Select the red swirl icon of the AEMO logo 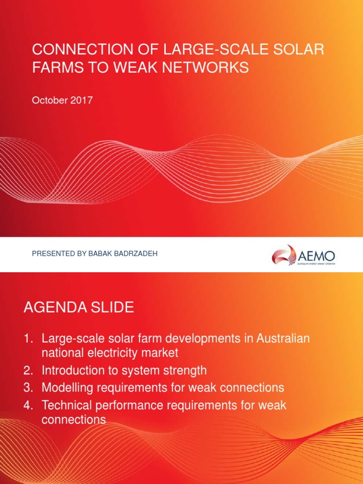tap(284, 255)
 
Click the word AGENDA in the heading tap(52, 308)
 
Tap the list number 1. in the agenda tap(29, 339)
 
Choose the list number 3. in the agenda tap(29, 388)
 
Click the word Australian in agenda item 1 tap(283, 339)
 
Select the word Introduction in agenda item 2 tap(73, 371)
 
